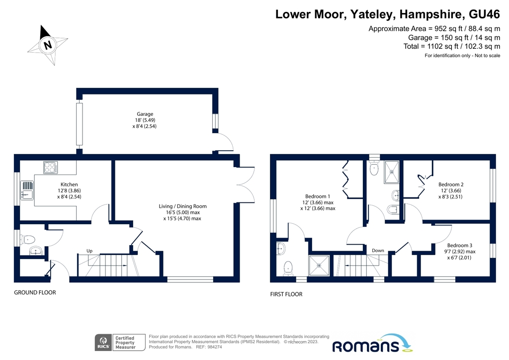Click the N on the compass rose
pyautogui.click(x=48, y=44)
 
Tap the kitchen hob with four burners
pyautogui.click(x=50, y=168)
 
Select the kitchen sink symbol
pyautogui.click(x=27, y=190)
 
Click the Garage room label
pyautogui.click(x=145, y=114)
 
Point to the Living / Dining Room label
pyautogui.click(x=182, y=206)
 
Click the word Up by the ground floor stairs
pyautogui.click(x=89, y=251)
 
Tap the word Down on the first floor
pyautogui.click(x=378, y=250)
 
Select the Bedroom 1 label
pyautogui.click(x=318, y=196)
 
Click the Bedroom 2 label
pyautogui.click(x=450, y=184)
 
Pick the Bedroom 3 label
pyautogui.click(x=460, y=246)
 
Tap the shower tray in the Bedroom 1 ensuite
pyautogui.click(x=319, y=266)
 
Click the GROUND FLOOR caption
pyautogui.click(x=35, y=292)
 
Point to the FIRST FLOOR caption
pyautogui.click(x=286, y=294)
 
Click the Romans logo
pyautogui.click(x=372, y=344)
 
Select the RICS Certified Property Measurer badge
pyautogui.click(x=120, y=343)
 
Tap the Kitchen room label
pyautogui.click(x=69, y=184)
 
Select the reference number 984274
pyautogui.click(x=215, y=347)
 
